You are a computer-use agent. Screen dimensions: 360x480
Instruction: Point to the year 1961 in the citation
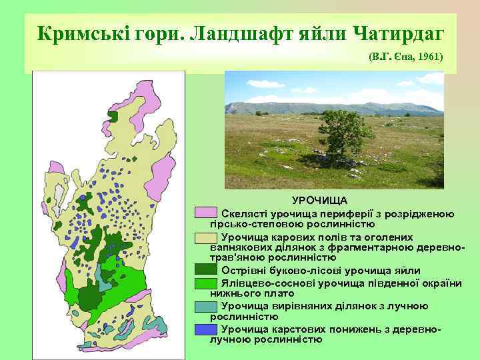(x=431, y=57)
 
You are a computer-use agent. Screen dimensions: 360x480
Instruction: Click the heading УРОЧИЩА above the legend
(x=319, y=201)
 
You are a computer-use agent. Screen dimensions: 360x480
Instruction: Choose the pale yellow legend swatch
(x=206, y=237)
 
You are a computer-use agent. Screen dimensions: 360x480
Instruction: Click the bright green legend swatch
(x=206, y=283)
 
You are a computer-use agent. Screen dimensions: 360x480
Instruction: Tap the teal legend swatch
(x=206, y=307)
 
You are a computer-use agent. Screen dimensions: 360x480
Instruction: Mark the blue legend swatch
(x=206, y=329)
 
